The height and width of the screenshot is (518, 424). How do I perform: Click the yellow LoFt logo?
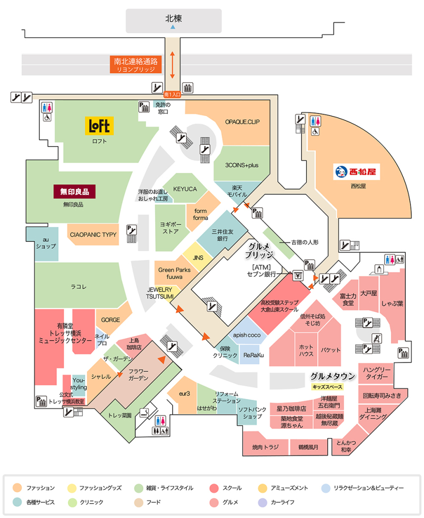99,126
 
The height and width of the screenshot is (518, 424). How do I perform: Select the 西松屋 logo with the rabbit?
357,171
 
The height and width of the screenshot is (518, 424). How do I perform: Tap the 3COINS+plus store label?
241,165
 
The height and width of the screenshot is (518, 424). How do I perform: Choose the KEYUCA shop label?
185,189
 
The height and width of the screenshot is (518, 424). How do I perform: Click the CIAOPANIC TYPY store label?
93,235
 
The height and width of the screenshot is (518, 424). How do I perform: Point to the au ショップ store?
46,243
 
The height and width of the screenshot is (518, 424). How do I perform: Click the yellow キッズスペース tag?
327,386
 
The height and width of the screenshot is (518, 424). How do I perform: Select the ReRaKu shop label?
253,355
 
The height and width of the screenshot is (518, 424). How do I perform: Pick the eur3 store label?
185,394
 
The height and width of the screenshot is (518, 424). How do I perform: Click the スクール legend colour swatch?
213,488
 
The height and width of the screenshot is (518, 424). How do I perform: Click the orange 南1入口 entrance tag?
173,95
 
